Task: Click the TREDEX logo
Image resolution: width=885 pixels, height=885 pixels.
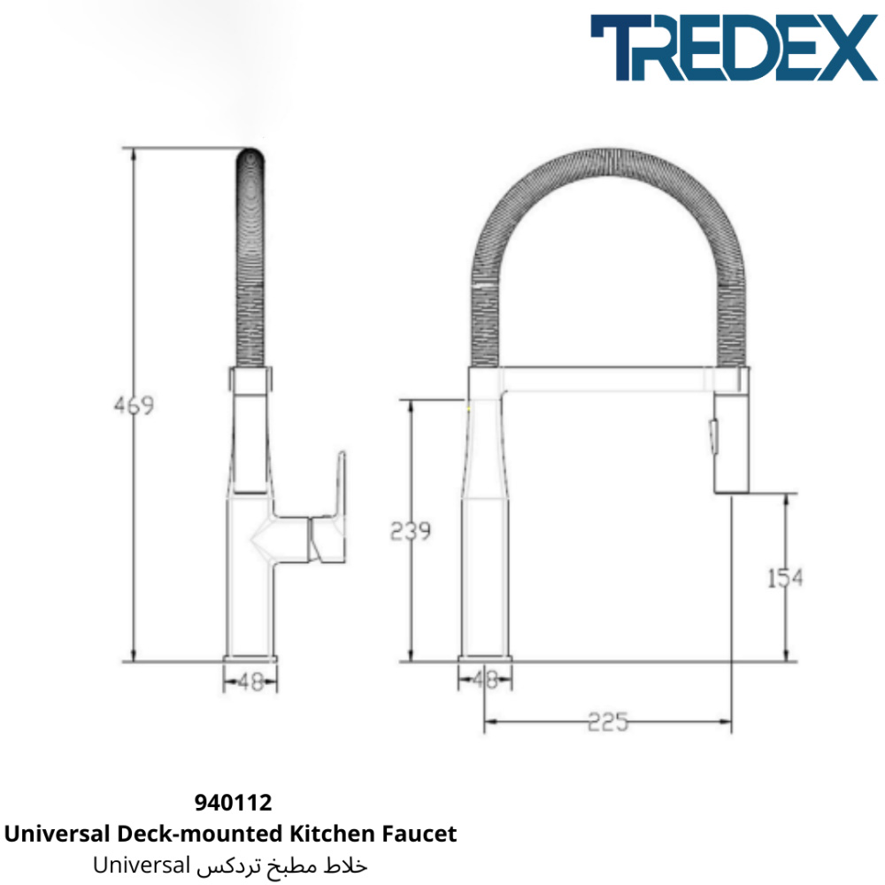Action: pos(734,48)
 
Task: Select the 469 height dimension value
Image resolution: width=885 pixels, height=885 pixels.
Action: pos(134,405)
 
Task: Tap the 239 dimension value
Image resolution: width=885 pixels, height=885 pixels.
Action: pos(411,530)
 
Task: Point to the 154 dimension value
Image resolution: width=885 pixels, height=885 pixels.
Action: pos(785,578)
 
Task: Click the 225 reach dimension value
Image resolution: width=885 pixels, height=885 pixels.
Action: pos(608,722)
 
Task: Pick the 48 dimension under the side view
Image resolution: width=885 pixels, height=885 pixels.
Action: pos(250,682)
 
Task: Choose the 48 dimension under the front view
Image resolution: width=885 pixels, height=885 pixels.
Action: pos(485,680)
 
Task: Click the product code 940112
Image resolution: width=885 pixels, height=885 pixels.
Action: pos(233,802)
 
